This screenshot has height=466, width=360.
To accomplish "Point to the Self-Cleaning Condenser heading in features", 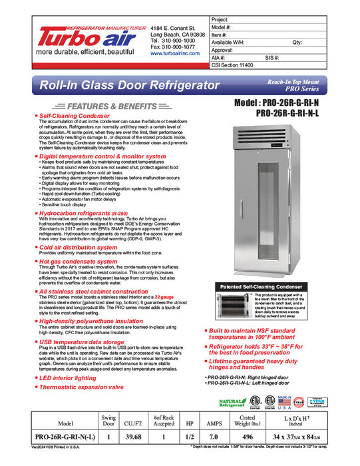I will click(73, 115).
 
